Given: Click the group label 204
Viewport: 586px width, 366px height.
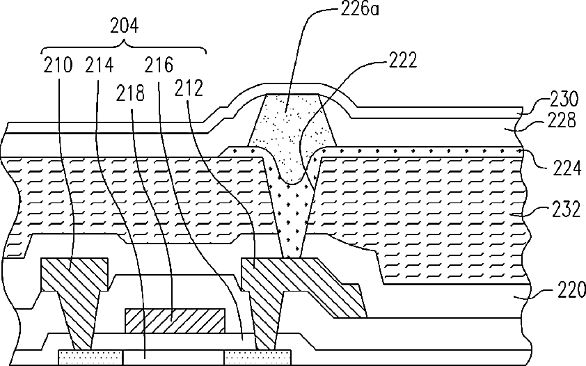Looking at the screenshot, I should pyautogui.click(x=125, y=27).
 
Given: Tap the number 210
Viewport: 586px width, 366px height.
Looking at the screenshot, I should pyautogui.click(x=57, y=66).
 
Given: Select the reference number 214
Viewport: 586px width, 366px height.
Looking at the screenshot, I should pyautogui.click(x=99, y=66).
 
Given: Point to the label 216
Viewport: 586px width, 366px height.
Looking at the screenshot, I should pyautogui.click(x=160, y=66).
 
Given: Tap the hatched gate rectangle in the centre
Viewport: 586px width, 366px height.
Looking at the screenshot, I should pyautogui.click(x=174, y=319).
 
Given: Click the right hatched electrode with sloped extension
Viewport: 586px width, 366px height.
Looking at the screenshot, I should pyautogui.click(x=278, y=285).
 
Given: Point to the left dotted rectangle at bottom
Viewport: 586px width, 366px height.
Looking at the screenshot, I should pyautogui.click(x=74, y=358).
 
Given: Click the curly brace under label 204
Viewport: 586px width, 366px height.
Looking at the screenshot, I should pyautogui.click(x=125, y=47).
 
